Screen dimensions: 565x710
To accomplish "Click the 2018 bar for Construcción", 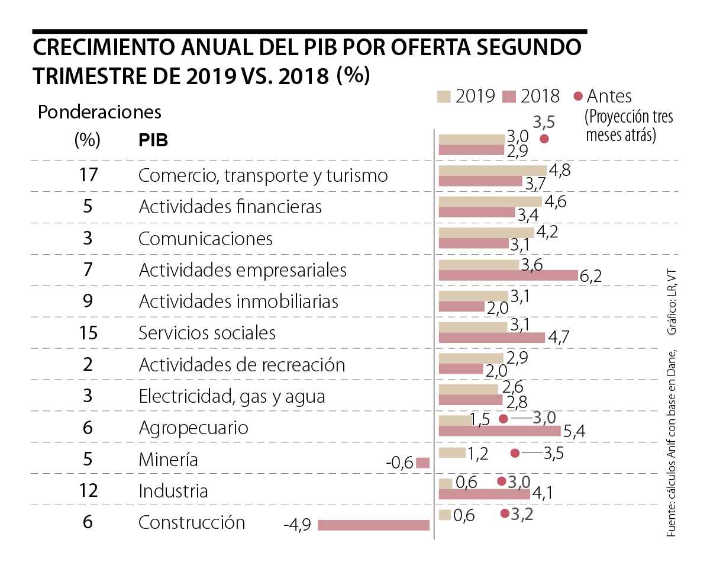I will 373,525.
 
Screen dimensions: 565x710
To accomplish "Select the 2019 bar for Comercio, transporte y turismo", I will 493,170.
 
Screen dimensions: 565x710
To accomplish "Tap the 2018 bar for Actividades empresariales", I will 508,275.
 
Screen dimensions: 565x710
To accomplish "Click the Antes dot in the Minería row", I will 515,453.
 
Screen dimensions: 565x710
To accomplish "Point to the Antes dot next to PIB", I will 544,139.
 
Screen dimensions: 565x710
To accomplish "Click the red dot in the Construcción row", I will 505,513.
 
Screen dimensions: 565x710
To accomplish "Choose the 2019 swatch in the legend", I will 444,96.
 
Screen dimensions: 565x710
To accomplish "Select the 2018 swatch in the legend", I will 509,96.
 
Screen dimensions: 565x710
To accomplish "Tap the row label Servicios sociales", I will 207,333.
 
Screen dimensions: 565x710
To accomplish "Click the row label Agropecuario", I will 193,428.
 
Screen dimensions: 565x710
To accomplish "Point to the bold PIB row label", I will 153,141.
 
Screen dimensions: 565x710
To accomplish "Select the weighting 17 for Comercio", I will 88,175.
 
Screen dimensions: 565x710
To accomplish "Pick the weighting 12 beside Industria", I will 88,491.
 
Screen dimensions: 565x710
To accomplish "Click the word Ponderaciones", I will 99,111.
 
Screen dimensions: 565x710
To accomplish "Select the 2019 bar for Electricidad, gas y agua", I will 469,389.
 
